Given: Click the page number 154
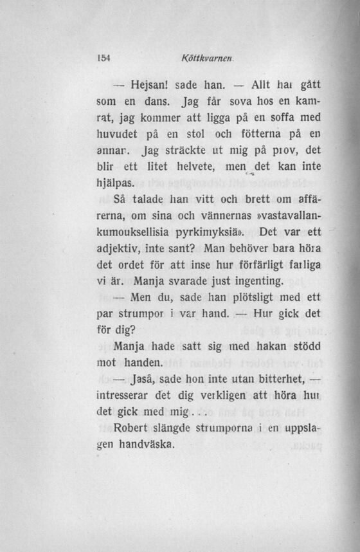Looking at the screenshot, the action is pyautogui.click(x=105, y=57).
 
